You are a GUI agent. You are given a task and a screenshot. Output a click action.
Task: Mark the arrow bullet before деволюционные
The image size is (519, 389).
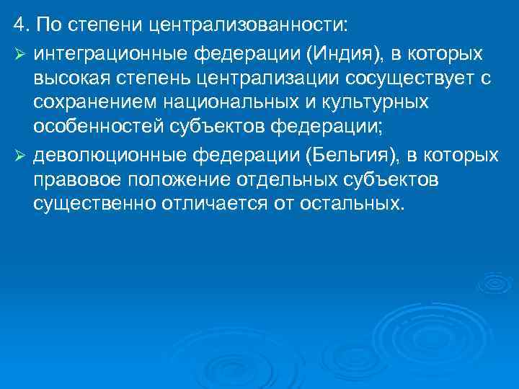[20, 154]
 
